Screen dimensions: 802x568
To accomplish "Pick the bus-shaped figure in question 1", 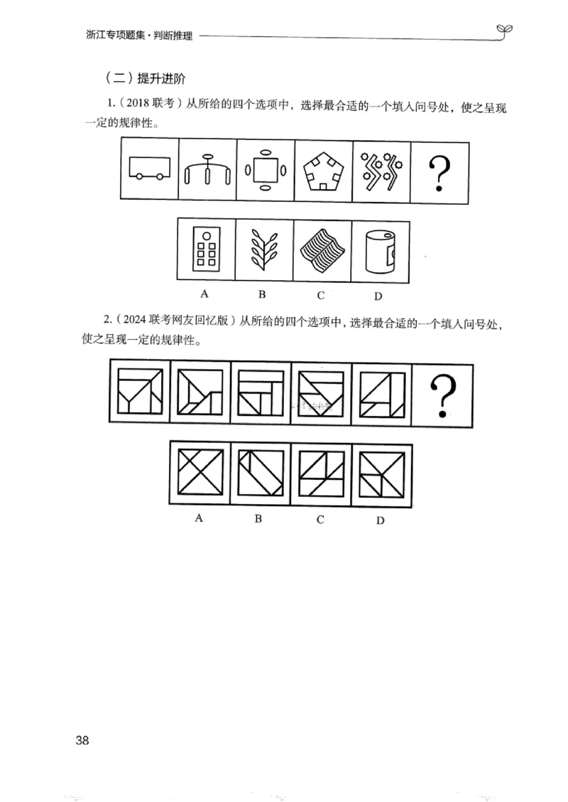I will point(149,168).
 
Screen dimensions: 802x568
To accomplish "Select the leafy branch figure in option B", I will point(261,250).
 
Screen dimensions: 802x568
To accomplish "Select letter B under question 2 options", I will point(258,518).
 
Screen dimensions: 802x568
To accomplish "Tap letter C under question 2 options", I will point(320,519).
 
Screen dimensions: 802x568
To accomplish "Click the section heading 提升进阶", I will point(163,77).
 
